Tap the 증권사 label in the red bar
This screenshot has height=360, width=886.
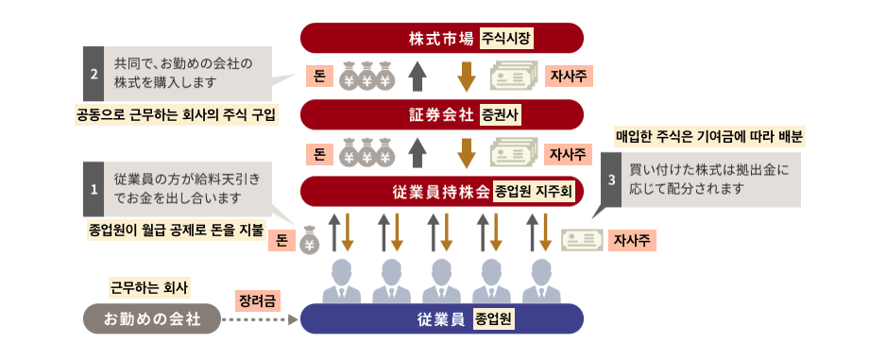pyautogui.click(x=500, y=115)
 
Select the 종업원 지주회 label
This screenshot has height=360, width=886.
pyautogui.click(x=534, y=192)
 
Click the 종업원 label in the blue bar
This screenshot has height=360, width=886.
pyautogui.click(x=494, y=318)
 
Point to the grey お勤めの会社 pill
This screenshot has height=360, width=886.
pyautogui.click(x=151, y=318)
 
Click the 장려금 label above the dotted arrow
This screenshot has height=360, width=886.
pyautogui.click(x=258, y=300)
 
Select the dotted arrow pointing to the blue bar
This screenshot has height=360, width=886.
pyautogui.click(x=260, y=320)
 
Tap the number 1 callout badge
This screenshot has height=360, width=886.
pyautogui.click(x=94, y=189)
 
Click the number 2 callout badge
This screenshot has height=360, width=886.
pyautogui.click(x=94, y=74)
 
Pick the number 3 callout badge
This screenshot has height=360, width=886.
pyautogui.click(x=611, y=180)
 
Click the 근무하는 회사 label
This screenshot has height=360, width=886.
pyautogui.click(x=149, y=287)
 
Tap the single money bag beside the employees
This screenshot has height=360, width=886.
pyautogui.click(x=309, y=240)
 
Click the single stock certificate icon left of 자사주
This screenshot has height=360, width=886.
pyautogui.click(x=582, y=240)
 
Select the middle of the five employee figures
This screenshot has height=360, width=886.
pyautogui.click(x=441, y=281)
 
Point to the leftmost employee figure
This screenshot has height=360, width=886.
pyautogui.click(x=342, y=281)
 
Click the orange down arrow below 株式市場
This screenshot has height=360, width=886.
pyautogui.click(x=467, y=77)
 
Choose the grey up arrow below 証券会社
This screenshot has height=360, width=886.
pyautogui.click(x=417, y=153)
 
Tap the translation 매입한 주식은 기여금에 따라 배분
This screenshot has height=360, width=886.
pyautogui.click(x=709, y=137)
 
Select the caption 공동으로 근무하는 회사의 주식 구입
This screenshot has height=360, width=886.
pyautogui.click(x=177, y=114)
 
